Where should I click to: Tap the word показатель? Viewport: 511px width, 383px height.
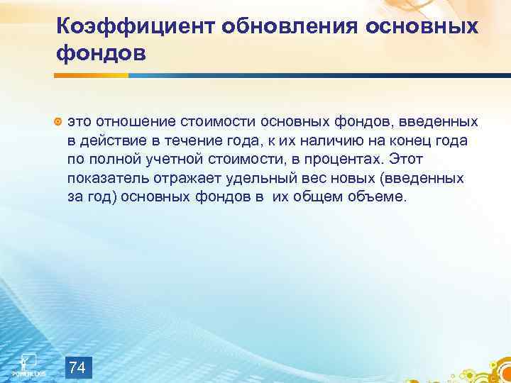[x=106, y=177]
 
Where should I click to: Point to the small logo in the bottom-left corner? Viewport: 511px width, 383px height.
[x=28, y=361]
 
